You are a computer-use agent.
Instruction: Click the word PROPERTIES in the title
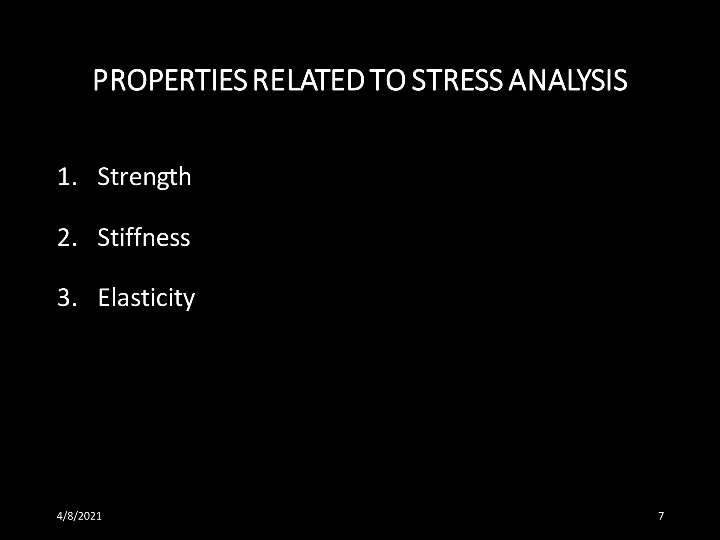pos(170,81)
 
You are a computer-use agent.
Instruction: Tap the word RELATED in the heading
pos(308,81)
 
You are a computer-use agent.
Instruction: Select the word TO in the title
pos(387,81)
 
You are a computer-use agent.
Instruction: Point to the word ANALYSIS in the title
pos(567,81)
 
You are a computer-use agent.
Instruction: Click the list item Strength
pos(144,176)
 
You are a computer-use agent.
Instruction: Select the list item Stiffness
pos(143,237)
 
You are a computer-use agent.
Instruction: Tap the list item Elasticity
pos(146,298)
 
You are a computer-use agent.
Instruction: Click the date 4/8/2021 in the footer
pos(79,516)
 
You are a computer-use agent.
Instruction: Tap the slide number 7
pos(661,516)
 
